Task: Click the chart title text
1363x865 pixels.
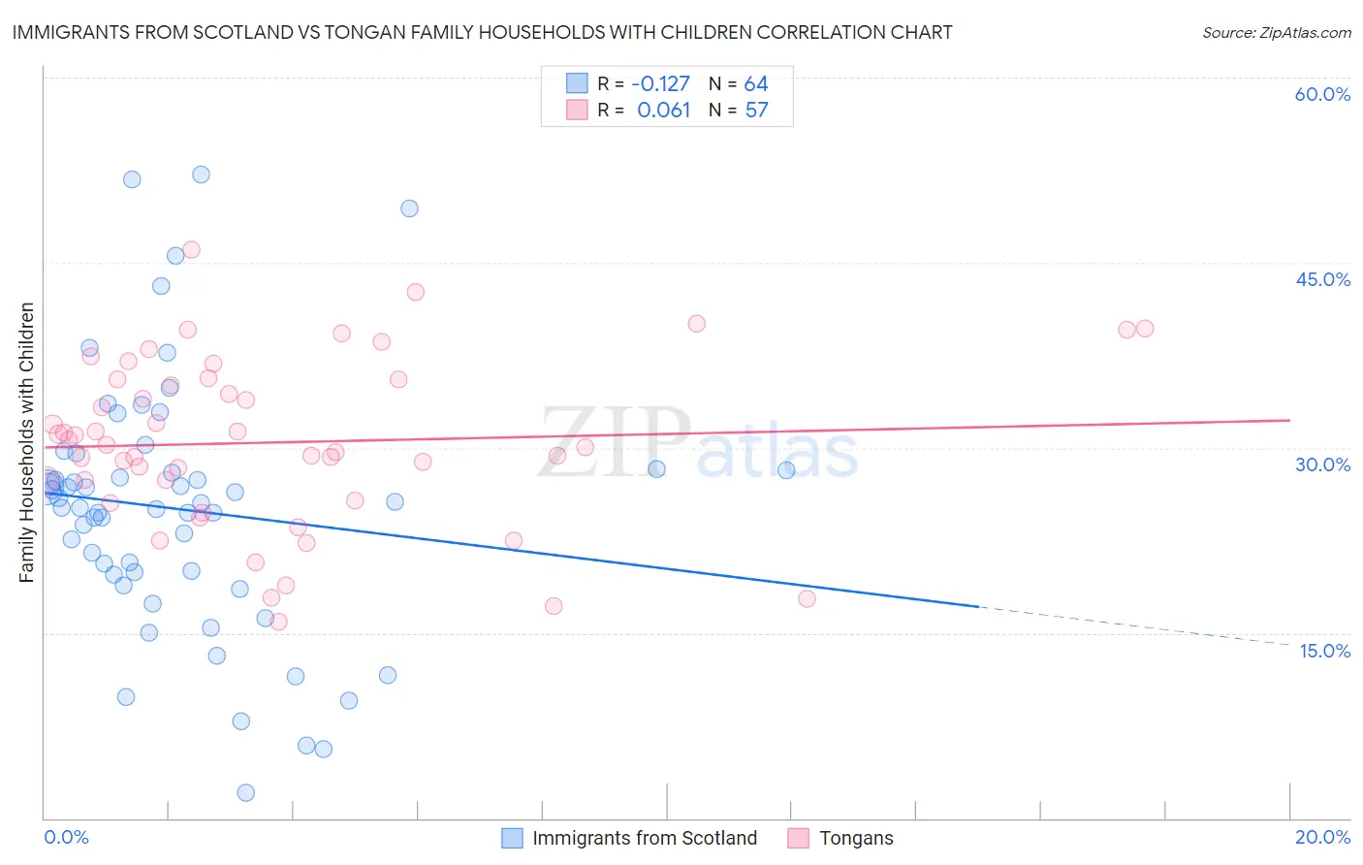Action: click(482, 32)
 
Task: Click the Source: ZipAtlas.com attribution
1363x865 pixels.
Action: click(1276, 32)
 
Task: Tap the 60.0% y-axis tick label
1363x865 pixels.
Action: click(1322, 94)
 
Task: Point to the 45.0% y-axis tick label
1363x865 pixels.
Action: click(1322, 279)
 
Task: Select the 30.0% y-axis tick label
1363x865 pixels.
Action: click(1322, 465)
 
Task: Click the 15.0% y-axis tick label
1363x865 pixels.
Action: click(1324, 651)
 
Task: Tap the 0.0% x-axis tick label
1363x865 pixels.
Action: click(66, 837)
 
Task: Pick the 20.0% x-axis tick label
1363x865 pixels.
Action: click(1322, 837)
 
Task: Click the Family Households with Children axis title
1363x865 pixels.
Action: click(26, 442)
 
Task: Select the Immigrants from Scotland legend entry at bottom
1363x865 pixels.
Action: click(644, 838)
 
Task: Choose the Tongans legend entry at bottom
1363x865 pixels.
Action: click(855, 838)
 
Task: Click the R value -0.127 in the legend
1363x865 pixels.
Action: click(660, 84)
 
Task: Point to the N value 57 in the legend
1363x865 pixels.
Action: click(756, 111)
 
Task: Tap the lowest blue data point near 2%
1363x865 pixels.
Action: click(245, 792)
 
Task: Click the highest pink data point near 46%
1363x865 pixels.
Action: click(191, 250)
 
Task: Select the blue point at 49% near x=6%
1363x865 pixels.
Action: click(409, 208)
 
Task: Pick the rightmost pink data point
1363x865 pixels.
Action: click(1145, 329)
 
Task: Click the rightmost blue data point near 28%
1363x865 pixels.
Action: click(786, 470)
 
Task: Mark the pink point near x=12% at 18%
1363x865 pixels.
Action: click(807, 598)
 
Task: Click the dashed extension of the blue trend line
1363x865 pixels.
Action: click(1134, 625)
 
